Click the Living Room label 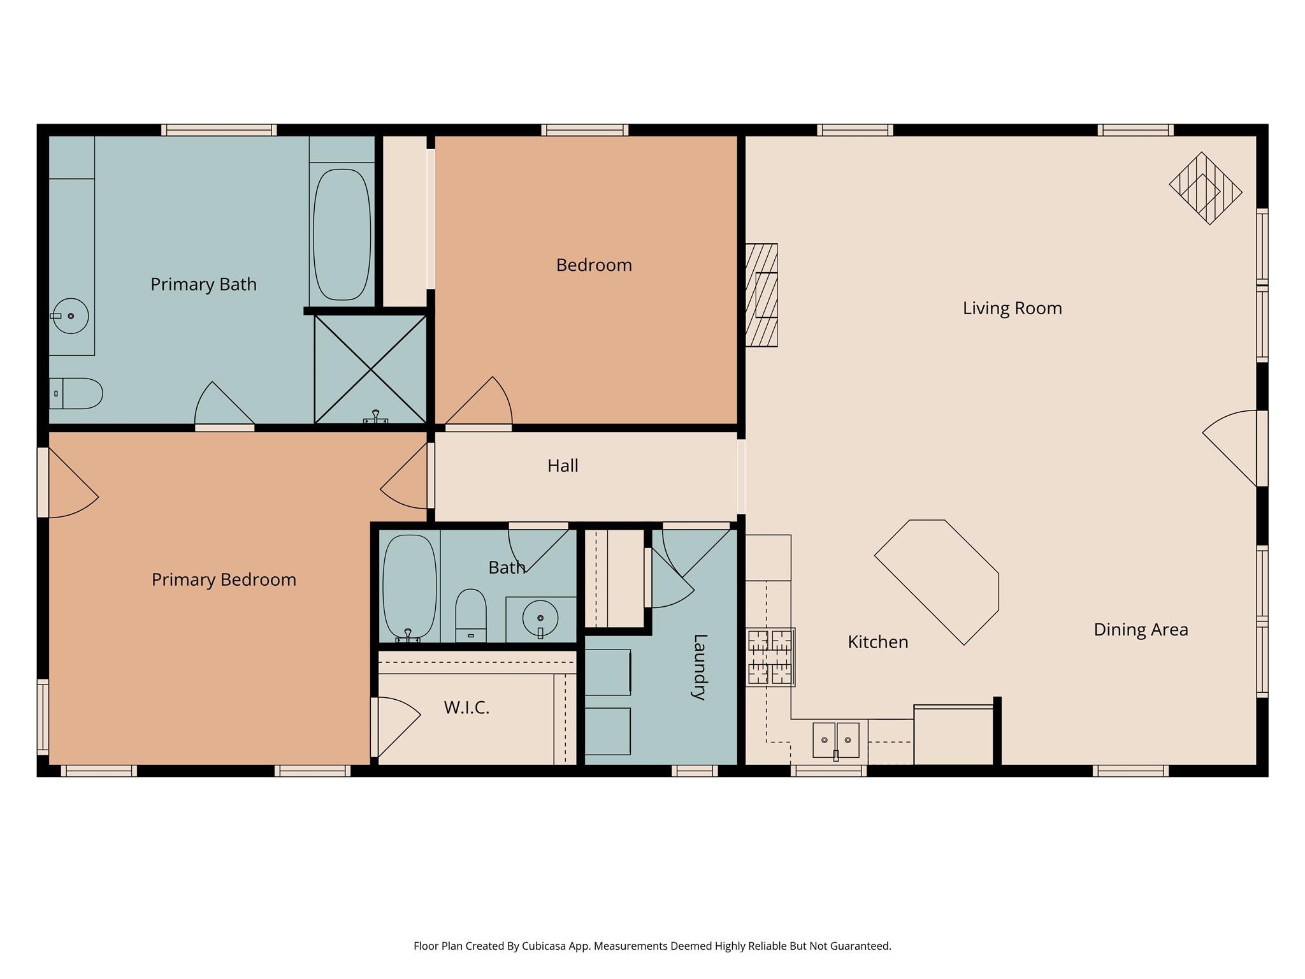1012,308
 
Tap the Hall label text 563,466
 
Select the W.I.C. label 466,707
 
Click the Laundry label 699,667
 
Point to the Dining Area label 1141,630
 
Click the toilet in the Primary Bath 76,393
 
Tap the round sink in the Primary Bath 70,316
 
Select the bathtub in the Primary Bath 342,235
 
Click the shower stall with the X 370,369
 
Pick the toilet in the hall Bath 471,615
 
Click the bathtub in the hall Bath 410,586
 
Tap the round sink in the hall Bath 540,618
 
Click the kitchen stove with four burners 770,657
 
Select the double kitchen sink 836,740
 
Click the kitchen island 937,582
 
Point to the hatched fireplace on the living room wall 761,295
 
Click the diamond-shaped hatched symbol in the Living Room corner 1206,188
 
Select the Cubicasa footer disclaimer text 652,946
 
